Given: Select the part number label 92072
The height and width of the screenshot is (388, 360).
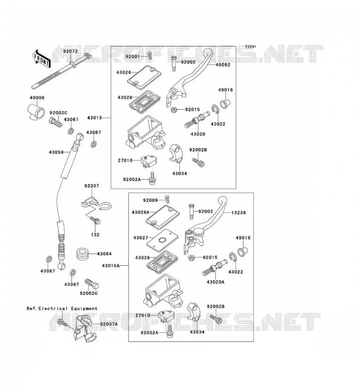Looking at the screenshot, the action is tap(70, 51).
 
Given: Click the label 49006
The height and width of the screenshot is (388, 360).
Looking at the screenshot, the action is tap(37, 98).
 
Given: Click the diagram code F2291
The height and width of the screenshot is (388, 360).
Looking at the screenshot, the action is tap(250, 47).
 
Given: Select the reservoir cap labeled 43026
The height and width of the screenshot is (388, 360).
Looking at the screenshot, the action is tap(145, 78).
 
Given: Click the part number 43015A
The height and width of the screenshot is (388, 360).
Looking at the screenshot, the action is tap(111, 265).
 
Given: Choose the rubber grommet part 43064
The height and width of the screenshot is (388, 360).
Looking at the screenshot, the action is tap(82, 254).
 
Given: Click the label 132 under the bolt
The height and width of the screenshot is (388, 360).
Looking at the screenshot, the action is tap(95, 234).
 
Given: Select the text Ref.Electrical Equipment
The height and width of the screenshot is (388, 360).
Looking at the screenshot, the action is tap(62, 308).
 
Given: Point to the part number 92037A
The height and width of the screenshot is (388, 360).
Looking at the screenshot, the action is tap(109, 324).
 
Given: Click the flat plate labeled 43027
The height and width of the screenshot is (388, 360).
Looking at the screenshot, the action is tap(163, 240).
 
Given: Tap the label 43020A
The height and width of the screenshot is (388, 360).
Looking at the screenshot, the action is tap(215, 282).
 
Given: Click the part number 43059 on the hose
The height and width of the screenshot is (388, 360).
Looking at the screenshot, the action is tap(56, 152).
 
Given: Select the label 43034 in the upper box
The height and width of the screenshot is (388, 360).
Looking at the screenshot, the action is tap(180, 174).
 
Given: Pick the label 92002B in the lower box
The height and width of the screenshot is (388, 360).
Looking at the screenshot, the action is tap(215, 307).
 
